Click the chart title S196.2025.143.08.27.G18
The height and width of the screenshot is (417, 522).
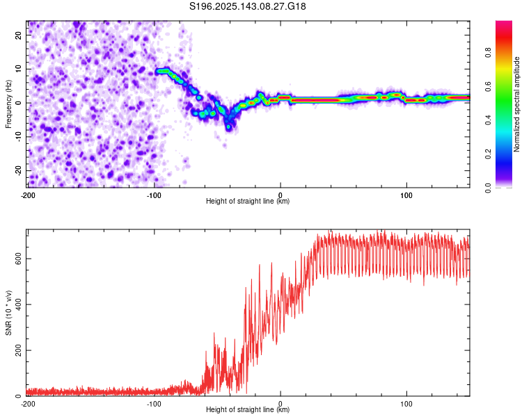247,6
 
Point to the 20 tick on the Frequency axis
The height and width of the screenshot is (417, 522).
19,35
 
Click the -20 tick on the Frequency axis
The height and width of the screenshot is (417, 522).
19,170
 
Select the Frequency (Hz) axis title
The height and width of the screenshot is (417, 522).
8,104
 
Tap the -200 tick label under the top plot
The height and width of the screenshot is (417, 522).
28,195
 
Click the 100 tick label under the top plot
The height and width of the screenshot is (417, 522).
406,195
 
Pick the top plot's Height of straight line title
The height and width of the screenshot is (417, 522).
248,201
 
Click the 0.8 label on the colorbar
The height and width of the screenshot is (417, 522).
488,53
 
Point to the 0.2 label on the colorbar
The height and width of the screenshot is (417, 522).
488,154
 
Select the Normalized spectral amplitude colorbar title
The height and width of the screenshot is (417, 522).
516,104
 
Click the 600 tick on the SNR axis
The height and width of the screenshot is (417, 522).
19,259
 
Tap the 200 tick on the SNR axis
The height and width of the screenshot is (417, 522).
19,350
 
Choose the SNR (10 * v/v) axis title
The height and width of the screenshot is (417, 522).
8,313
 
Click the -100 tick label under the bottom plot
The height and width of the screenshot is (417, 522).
154,404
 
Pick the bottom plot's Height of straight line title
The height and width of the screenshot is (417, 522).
248,409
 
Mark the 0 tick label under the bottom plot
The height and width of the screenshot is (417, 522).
280,404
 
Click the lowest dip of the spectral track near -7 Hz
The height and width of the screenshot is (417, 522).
228,126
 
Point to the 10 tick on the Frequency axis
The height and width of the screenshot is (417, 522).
19,69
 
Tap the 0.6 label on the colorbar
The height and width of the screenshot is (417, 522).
488,86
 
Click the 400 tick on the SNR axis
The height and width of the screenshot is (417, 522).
19,304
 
